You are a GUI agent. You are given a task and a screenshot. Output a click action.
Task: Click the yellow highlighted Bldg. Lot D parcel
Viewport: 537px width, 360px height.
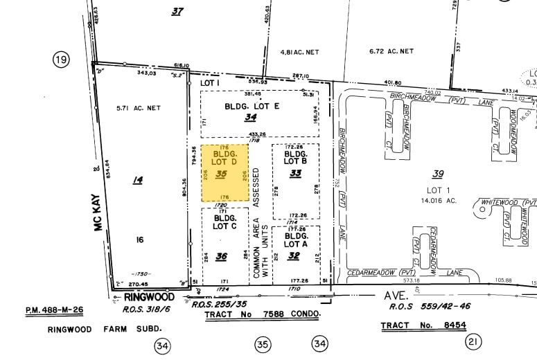tap(225, 173)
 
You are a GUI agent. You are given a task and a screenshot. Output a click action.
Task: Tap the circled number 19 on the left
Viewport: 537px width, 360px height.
tap(62, 60)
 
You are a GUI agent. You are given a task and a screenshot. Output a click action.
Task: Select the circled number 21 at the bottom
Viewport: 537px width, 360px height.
tap(474, 342)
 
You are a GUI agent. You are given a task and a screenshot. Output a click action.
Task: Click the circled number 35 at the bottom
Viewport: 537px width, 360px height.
tap(262, 343)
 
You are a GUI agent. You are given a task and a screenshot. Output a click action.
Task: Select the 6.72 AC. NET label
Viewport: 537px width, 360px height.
tap(391, 51)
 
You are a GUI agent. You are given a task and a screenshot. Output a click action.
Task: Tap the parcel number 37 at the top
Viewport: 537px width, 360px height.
tap(177, 11)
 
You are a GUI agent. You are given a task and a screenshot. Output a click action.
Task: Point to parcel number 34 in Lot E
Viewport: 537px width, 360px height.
tap(251, 118)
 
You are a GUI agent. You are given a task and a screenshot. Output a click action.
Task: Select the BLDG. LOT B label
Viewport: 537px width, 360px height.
tap(295, 157)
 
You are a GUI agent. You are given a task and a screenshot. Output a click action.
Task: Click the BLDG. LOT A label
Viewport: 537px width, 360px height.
tap(295, 239)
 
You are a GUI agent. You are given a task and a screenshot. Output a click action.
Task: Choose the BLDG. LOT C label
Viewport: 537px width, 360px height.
tap(225, 222)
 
